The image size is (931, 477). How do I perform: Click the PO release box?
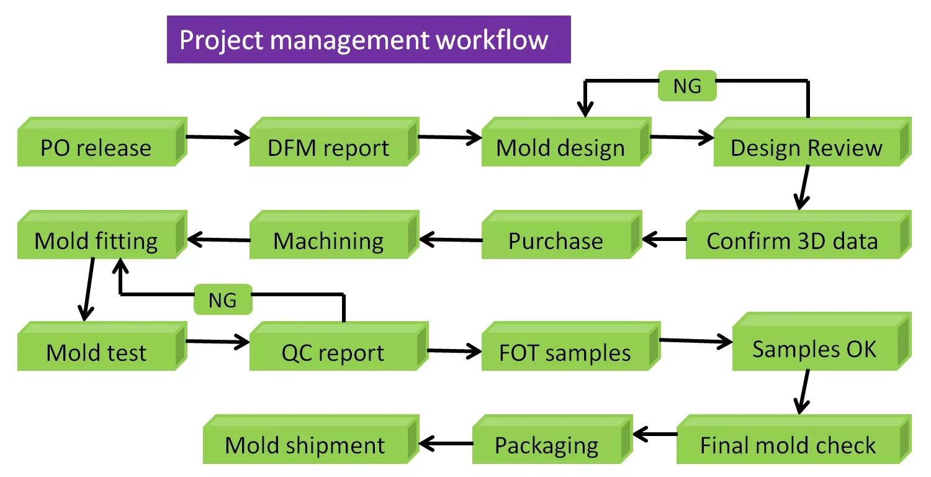coord(97,147)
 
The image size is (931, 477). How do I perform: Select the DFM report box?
coord(329,147)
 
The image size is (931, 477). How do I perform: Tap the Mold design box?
coord(561,148)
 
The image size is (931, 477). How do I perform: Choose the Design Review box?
coord(806,147)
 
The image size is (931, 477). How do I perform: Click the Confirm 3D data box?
coord(793,240)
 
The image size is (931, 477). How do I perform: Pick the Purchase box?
coord(556,240)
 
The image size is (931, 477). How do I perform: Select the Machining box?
coord(329,240)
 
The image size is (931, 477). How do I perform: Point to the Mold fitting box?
coord(97,240)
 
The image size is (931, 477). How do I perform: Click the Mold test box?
coord(97,352)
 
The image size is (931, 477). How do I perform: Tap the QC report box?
coord(333,352)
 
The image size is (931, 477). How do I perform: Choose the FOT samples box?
coord(565,352)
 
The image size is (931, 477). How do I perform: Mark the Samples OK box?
coord(815,348)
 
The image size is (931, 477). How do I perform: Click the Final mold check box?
coord(788,445)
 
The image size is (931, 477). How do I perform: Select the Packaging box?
coord(547,445)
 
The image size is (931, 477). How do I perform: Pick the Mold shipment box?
coord(305,445)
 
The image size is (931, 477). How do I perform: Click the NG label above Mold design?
coord(687,86)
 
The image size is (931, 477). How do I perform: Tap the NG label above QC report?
coord(223,300)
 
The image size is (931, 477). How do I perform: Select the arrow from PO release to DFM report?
coord(217,137)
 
